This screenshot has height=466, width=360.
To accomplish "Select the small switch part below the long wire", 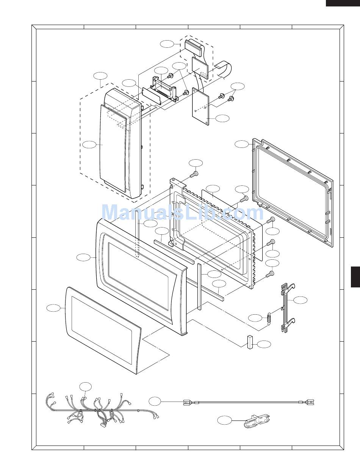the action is (257, 421).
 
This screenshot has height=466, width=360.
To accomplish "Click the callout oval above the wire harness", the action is (86, 386).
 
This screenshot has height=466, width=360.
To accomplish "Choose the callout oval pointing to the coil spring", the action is (255, 318).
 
